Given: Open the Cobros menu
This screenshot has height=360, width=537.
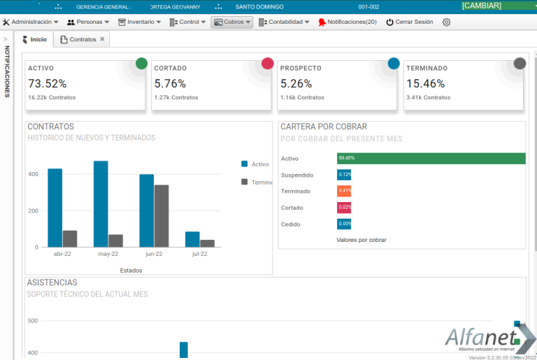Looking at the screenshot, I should click(x=231, y=22).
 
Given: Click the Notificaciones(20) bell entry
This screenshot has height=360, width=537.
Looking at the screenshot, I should click(x=347, y=22).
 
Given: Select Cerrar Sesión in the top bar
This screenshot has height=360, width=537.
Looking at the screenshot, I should click(x=409, y=22).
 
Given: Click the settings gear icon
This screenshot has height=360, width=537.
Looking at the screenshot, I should click(x=446, y=22).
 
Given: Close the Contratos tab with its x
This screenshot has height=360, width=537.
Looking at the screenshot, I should click(x=102, y=40).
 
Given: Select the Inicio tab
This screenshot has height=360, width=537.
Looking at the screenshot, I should click(x=36, y=40).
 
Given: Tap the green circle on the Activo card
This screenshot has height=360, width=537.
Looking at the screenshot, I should click(x=141, y=64).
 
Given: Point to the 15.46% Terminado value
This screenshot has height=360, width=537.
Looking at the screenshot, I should click(x=425, y=84).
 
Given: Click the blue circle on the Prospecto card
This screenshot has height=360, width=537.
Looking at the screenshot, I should click(x=394, y=64).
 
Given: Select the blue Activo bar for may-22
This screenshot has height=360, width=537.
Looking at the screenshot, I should click(x=101, y=203).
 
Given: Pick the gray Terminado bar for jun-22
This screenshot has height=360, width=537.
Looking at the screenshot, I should click(x=162, y=215).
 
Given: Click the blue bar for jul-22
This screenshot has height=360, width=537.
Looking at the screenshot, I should click(x=192, y=239).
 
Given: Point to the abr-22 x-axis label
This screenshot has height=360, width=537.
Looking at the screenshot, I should click(x=62, y=254).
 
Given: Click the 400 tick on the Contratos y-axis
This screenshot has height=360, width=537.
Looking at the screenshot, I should click(x=32, y=174).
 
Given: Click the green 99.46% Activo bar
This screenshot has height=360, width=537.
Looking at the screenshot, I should click(x=431, y=159).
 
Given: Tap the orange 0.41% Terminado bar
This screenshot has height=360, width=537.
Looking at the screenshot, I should click(x=344, y=191).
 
